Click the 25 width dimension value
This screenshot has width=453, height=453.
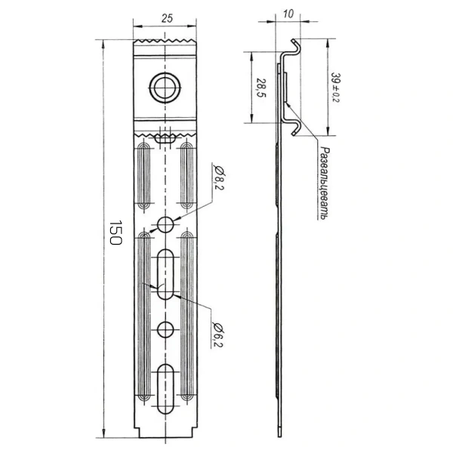point(167,18)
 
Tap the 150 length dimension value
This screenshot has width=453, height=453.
point(116,233)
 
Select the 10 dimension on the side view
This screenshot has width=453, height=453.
point(288,14)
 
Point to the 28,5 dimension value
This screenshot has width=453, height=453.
point(261,88)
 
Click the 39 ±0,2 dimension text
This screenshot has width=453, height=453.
point(336,88)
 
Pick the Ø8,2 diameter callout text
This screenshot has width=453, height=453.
point(219,177)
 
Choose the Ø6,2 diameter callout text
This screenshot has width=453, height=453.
point(219,334)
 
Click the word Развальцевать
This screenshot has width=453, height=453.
point(325,183)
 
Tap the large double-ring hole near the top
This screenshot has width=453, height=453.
point(165,88)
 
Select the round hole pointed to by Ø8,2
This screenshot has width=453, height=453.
point(165,225)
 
